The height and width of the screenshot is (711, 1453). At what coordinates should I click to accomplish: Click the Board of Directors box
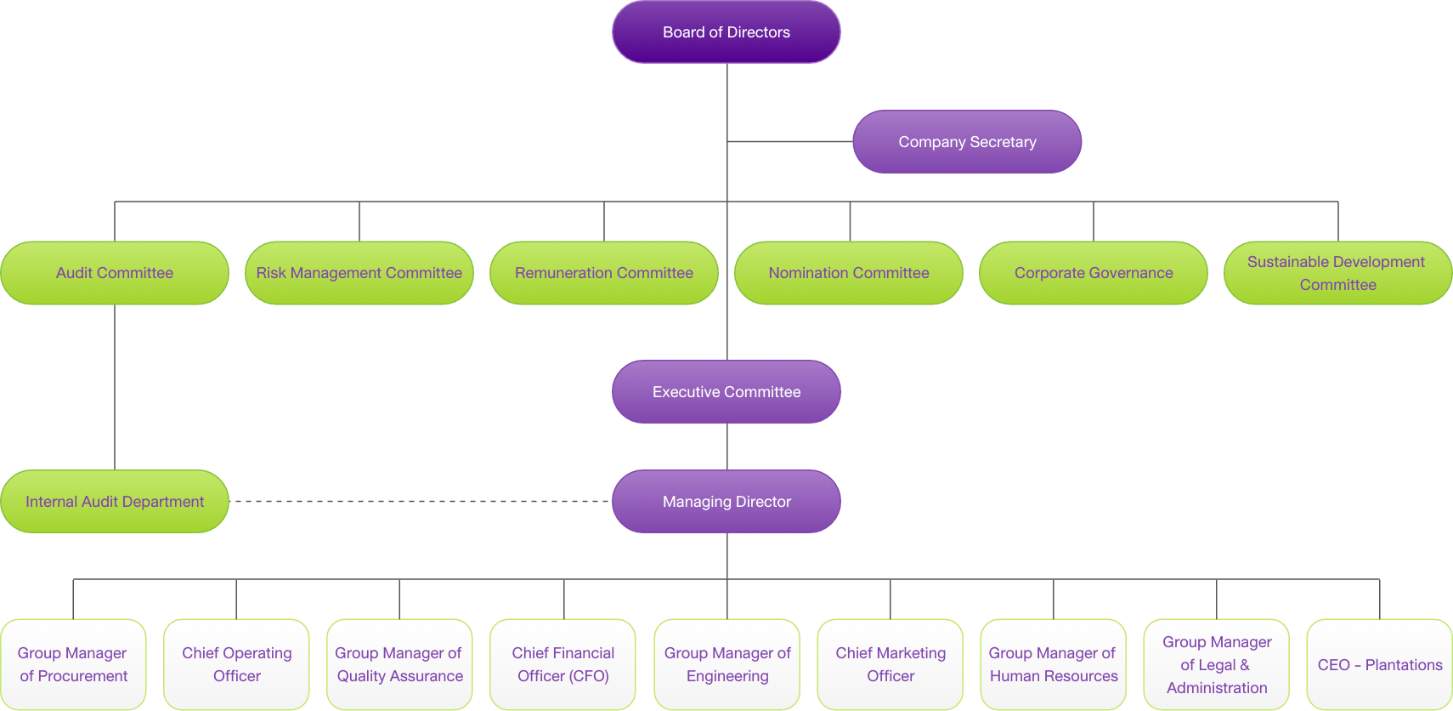click(726, 32)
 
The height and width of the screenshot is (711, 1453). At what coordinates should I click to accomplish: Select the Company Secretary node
click(967, 142)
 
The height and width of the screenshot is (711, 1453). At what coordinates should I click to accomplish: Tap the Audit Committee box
click(115, 273)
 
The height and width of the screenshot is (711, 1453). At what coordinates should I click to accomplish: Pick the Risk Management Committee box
click(359, 273)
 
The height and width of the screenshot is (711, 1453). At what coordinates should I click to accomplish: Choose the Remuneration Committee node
click(603, 273)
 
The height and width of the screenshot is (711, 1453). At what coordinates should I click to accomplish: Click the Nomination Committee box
click(848, 273)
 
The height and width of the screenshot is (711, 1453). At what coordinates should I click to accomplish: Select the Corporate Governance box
click(1093, 273)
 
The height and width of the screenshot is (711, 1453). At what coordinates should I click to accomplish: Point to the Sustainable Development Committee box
click(1337, 273)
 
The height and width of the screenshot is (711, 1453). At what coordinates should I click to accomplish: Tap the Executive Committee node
click(726, 392)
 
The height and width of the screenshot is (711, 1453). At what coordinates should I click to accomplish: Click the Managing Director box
click(726, 502)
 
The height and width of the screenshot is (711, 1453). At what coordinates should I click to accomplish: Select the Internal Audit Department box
click(115, 502)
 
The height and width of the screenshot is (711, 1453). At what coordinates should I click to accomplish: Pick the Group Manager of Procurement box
click(73, 664)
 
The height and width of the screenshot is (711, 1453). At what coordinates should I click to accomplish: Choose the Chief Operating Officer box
click(236, 664)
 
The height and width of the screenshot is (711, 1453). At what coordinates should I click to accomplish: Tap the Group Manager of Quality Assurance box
click(399, 664)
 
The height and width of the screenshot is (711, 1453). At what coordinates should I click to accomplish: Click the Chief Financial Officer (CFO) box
click(563, 664)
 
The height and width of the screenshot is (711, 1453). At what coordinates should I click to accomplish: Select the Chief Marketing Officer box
click(890, 664)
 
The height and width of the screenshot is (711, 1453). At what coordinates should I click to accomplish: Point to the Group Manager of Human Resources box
click(1053, 664)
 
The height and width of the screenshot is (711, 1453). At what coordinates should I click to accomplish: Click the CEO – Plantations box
click(1379, 664)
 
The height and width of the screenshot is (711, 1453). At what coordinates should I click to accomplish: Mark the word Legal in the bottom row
click(1217, 665)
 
